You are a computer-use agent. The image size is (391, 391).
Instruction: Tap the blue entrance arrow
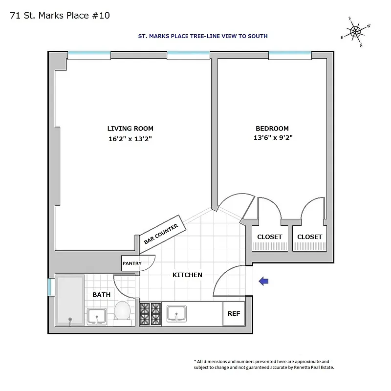(x=263, y=281)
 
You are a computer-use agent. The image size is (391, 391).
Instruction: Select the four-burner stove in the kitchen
(x=150, y=314)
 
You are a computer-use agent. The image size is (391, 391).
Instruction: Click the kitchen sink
(x=176, y=313)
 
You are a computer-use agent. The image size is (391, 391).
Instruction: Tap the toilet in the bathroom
(x=123, y=311)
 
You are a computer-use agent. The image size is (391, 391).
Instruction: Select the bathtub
(x=70, y=300)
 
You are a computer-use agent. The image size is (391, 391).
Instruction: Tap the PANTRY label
(x=132, y=263)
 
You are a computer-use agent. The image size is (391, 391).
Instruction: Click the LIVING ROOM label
(x=130, y=129)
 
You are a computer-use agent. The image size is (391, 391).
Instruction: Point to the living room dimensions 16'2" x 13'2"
(x=130, y=138)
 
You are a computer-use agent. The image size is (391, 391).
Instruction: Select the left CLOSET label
(x=270, y=237)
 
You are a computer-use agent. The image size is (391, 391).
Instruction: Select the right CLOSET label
(x=310, y=237)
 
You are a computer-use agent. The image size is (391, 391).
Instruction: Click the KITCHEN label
(x=187, y=275)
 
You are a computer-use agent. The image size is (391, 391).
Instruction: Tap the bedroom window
(x=290, y=53)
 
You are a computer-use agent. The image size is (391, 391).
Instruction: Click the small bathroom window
(x=49, y=287)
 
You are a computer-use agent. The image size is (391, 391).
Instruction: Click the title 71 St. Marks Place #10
(x=60, y=16)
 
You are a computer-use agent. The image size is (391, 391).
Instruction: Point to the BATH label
(x=101, y=295)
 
